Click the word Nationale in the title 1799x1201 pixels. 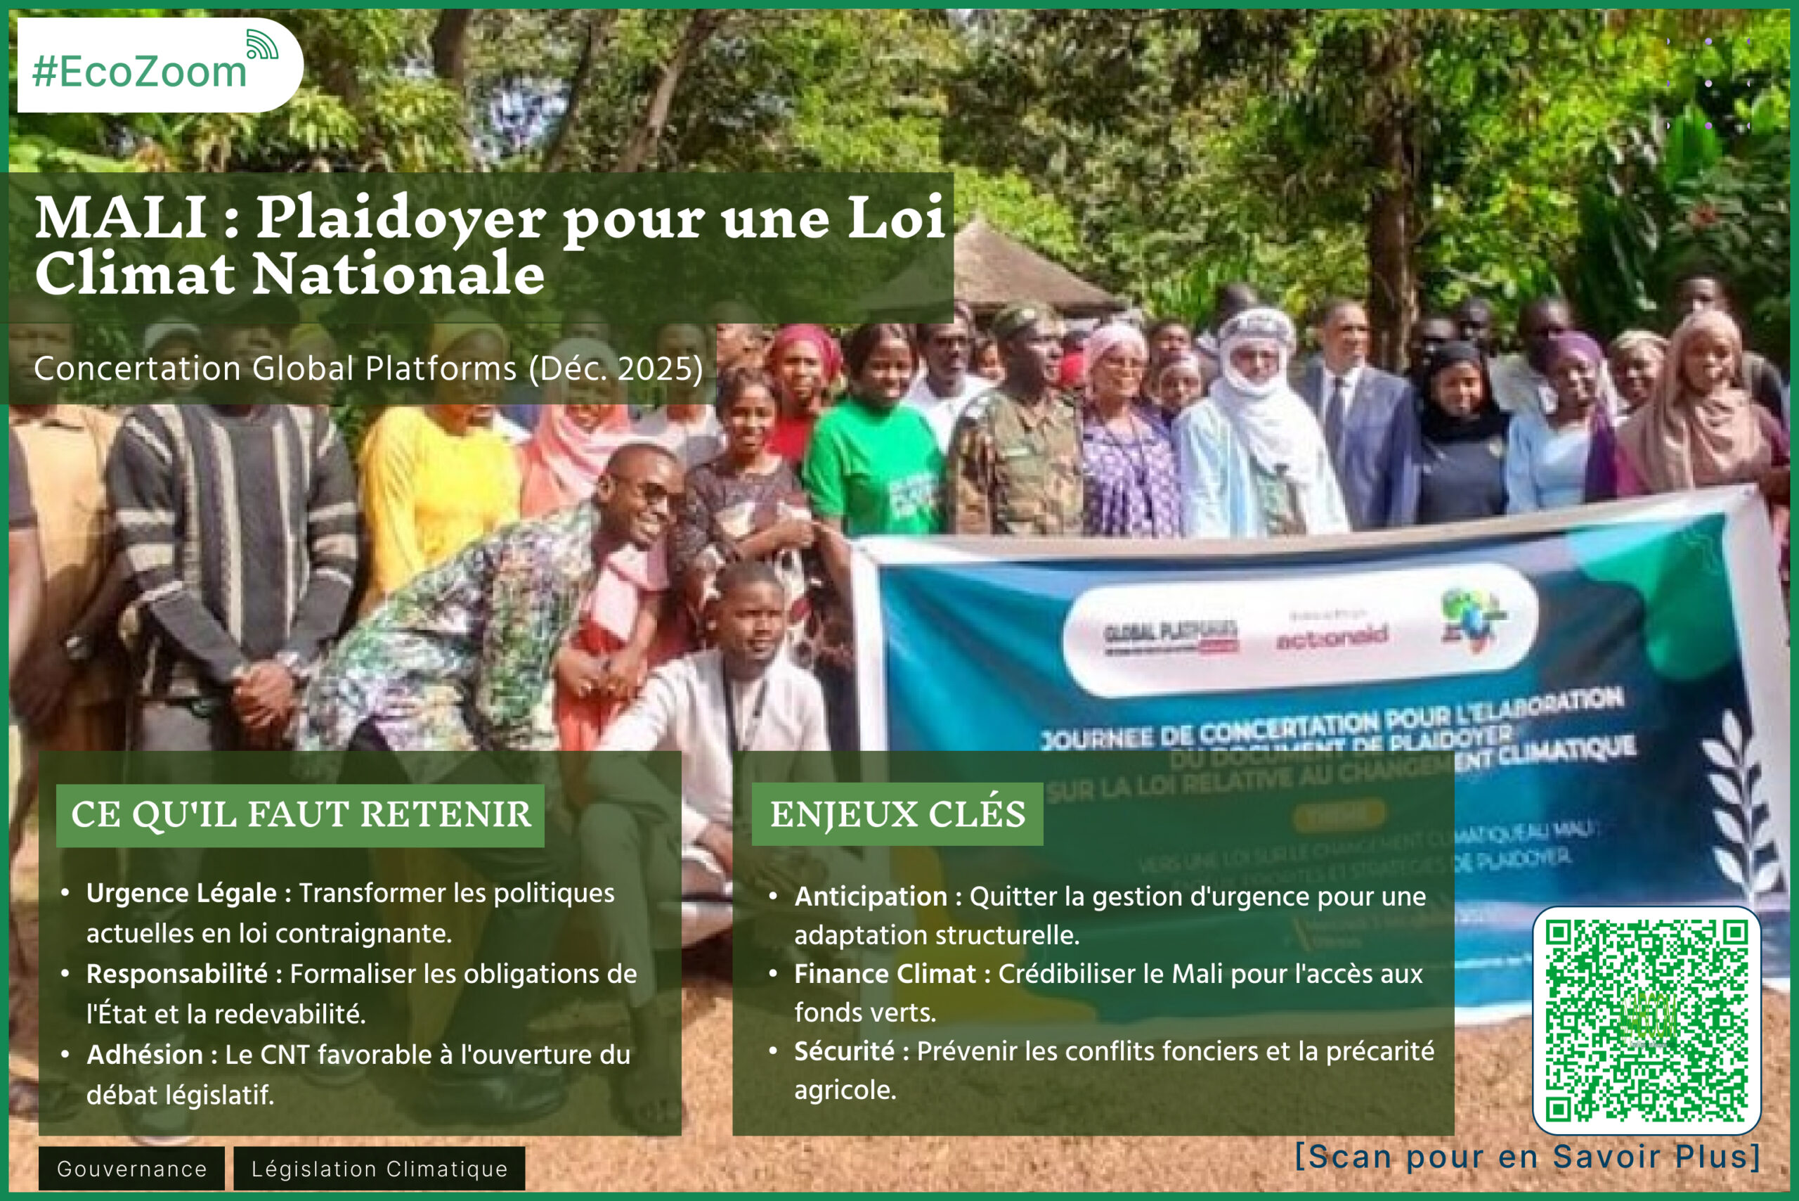coord(398,274)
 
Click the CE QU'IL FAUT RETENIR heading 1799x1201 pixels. coord(300,815)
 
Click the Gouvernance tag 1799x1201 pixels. coord(131,1169)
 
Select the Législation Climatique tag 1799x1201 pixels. coord(379,1169)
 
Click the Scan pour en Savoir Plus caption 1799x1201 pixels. coord(1527,1157)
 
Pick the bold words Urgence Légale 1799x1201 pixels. coord(181,893)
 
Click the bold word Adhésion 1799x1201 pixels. coord(145,1055)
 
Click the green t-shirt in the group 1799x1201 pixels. coord(873,467)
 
